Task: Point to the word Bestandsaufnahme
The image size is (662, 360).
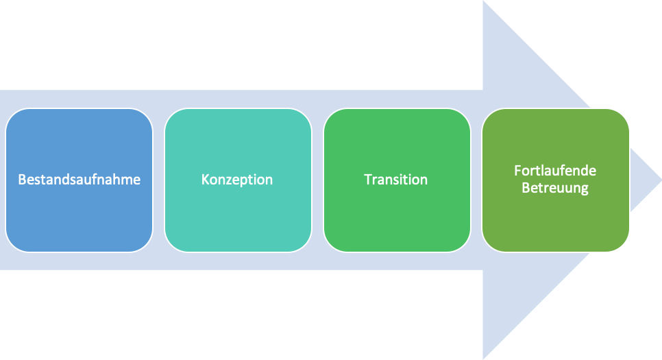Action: (x=79, y=180)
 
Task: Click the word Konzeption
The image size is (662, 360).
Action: (x=237, y=180)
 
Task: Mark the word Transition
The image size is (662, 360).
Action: (x=396, y=180)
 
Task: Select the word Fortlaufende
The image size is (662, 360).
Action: (x=555, y=171)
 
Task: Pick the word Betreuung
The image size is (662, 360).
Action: (x=555, y=188)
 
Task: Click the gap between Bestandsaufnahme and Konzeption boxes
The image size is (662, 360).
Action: (x=158, y=180)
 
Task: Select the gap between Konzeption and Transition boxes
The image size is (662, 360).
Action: (x=317, y=180)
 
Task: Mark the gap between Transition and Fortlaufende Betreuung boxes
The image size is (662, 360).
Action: (x=476, y=180)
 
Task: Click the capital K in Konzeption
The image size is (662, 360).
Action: (x=205, y=180)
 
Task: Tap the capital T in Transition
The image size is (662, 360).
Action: (x=367, y=180)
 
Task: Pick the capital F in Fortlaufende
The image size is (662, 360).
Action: (x=517, y=171)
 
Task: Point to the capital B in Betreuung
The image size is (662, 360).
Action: (x=526, y=188)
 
